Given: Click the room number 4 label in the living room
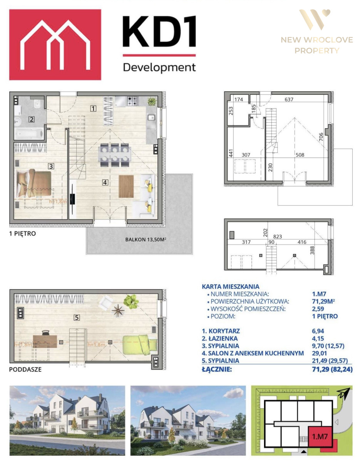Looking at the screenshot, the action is tap(105, 182).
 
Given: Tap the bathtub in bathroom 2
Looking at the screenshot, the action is tap(29, 133).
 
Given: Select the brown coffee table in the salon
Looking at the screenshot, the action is tap(126, 186).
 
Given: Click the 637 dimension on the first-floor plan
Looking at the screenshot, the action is tap(289, 99).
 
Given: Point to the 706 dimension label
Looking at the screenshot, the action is tap(321, 137).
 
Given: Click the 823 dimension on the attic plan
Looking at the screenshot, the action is tap(278, 236).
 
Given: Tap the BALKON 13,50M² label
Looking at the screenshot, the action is tap(146, 239).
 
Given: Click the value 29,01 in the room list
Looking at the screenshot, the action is tap(318, 353).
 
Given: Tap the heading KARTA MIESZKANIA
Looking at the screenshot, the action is tap(231, 286).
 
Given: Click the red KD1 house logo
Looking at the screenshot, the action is tap(55, 45).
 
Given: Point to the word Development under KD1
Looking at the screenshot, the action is tap(159, 67).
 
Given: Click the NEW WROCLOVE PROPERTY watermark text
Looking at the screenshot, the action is tap(317, 45).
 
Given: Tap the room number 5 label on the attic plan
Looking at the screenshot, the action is tap(77, 318).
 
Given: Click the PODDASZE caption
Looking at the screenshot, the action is tap(25, 369).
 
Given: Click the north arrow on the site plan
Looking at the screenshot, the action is tap(344, 392).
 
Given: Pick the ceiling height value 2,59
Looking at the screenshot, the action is tap(318, 309).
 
